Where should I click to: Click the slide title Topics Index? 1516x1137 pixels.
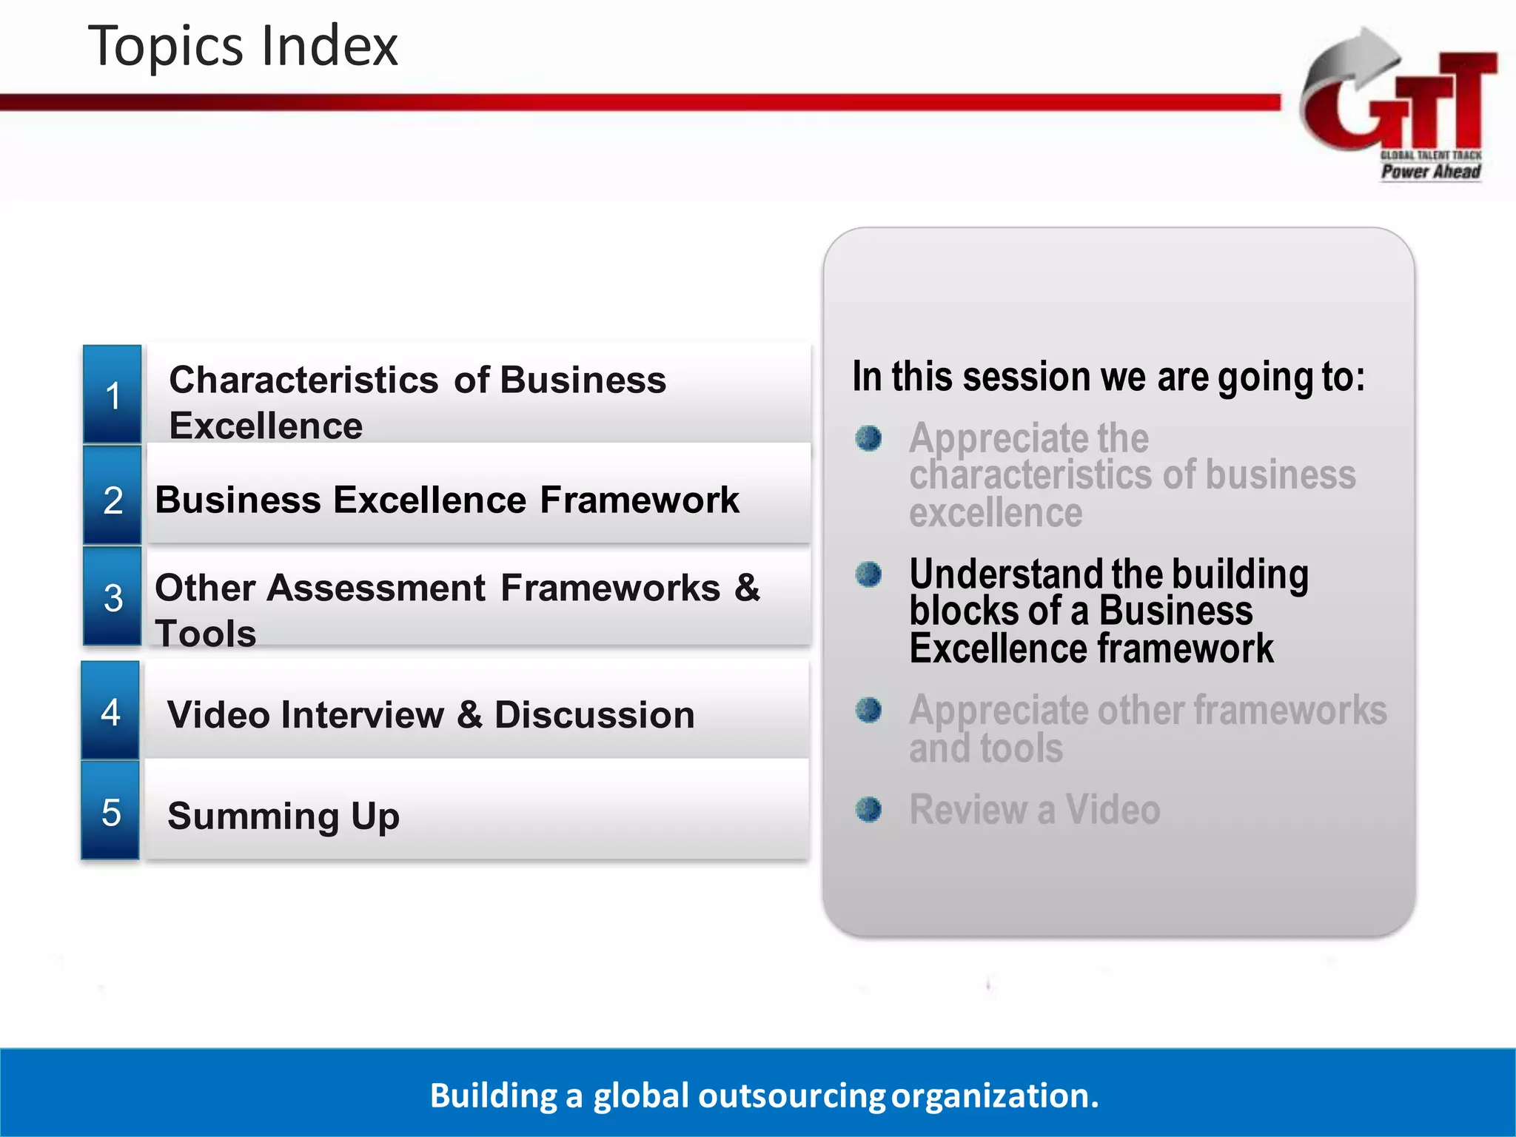point(243,46)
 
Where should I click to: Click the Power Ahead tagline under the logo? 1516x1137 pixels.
point(1430,172)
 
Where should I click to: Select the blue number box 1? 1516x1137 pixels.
point(113,395)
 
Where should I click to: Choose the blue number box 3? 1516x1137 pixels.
point(113,597)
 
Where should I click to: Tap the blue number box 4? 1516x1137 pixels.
point(110,711)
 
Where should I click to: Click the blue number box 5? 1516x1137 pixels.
point(110,812)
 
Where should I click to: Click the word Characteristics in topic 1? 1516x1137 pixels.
point(303,380)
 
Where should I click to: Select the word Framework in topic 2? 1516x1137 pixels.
point(639,500)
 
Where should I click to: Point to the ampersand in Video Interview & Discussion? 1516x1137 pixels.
point(469,714)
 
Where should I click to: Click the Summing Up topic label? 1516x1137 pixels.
point(284,815)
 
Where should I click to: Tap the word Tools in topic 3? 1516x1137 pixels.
point(205,634)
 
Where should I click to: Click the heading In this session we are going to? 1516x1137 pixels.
point(1108,376)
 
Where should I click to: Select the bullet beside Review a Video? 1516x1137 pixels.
point(868,809)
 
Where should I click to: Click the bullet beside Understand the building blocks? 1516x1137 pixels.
point(868,574)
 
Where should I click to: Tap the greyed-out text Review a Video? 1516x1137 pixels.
point(1034,809)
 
